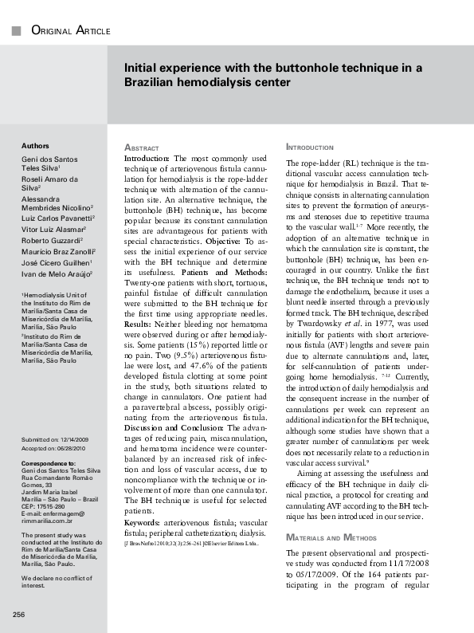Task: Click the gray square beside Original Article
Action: (15, 31)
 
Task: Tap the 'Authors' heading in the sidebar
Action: (35, 147)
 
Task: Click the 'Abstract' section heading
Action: (142, 148)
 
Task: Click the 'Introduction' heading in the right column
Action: (311, 148)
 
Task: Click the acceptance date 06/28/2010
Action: (74, 448)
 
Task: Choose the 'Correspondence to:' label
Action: (49, 462)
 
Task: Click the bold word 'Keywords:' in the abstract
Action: (142, 522)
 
